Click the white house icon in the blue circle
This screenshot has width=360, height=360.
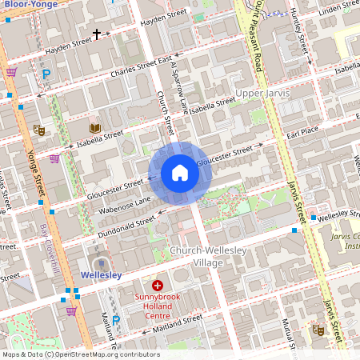point(180,173)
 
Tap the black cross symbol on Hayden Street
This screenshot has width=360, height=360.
point(98,34)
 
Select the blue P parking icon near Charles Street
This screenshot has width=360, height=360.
point(46,74)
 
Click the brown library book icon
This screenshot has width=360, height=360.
point(94,128)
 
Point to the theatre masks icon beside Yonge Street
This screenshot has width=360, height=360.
point(38,129)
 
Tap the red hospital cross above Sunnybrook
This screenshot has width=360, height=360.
point(158,286)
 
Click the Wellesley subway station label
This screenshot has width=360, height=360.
point(101,275)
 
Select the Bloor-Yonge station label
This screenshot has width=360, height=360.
point(34,4)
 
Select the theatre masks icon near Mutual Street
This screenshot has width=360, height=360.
point(318,329)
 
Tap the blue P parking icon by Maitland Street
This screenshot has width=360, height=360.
point(116,320)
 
